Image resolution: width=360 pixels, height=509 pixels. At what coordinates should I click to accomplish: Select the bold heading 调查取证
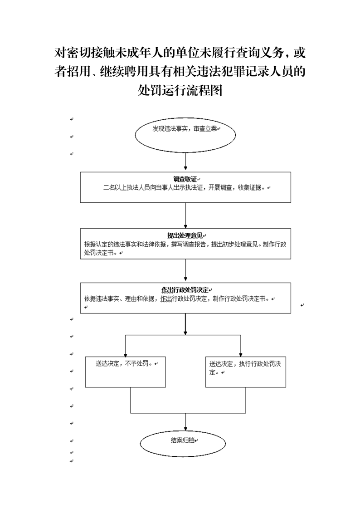185,179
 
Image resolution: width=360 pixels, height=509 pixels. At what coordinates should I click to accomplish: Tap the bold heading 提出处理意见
185,235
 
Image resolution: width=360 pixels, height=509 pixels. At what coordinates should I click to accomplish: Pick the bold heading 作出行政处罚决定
185,290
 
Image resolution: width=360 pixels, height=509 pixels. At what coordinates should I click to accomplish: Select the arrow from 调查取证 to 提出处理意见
185,215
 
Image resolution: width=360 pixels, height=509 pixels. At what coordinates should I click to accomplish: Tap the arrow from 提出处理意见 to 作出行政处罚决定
185,270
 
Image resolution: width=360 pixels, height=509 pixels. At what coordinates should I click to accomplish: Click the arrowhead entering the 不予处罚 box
126,355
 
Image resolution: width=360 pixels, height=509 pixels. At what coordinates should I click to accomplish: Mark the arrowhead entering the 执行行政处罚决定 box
241,355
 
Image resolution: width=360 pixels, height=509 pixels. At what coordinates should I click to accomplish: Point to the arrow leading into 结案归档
185,422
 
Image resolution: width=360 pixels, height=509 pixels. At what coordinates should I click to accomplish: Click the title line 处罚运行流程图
180,90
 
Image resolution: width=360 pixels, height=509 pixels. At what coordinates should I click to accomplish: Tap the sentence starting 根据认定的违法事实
185,248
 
